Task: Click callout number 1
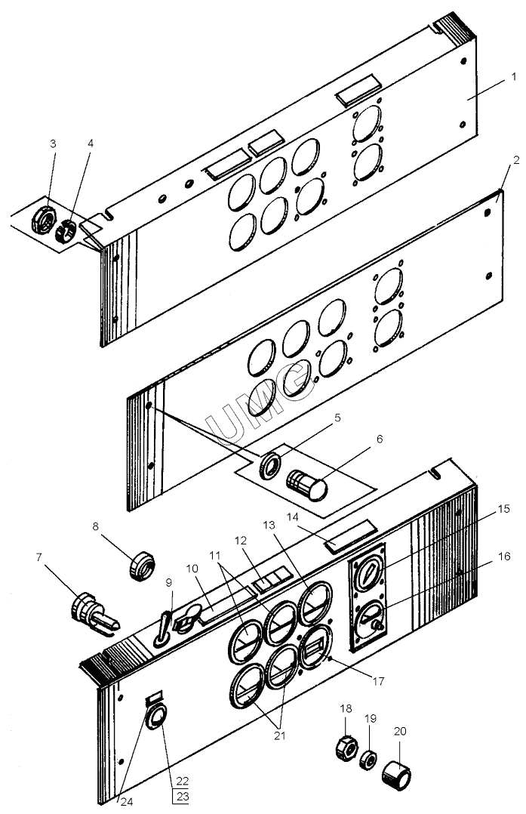[514, 77]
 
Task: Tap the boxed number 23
[181, 797]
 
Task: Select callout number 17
[379, 680]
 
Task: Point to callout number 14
[293, 517]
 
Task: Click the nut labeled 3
[43, 220]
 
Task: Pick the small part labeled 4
[66, 230]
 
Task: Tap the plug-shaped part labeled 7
[94, 613]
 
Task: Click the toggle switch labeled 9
[162, 630]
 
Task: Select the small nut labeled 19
[369, 760]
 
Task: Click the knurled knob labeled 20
[397, 775]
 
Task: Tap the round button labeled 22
[156, 717]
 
